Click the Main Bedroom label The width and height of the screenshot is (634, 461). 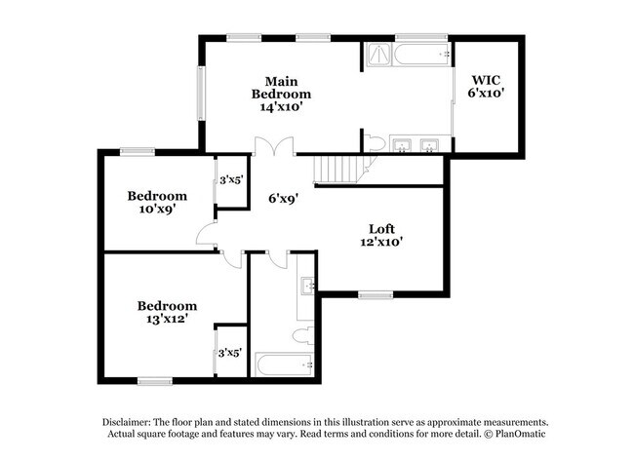(281, 87)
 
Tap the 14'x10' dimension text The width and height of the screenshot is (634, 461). (281, 107)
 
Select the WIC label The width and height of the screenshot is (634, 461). (486, 80)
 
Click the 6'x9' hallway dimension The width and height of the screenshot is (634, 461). (283, 198)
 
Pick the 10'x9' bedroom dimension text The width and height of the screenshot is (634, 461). (157, 210)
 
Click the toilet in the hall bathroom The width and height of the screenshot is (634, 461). (301, 336)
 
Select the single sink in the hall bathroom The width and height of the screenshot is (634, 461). (305, 286)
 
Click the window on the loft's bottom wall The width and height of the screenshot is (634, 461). (375, 294)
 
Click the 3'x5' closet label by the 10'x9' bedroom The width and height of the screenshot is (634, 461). (230, 179)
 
